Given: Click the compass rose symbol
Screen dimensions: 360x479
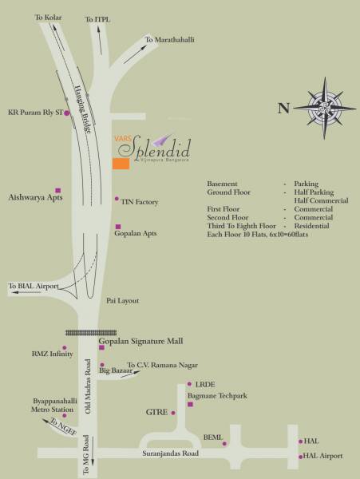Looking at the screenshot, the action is [327, 107].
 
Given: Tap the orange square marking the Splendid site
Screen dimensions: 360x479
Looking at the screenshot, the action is [121, 164].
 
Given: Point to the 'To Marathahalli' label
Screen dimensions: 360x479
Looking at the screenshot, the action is [169, 39].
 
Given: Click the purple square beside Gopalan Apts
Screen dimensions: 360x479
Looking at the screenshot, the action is [118, 227].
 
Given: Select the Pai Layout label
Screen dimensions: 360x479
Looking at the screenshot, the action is [123, 301].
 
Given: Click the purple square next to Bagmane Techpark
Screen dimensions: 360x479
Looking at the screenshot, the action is [190, 405].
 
